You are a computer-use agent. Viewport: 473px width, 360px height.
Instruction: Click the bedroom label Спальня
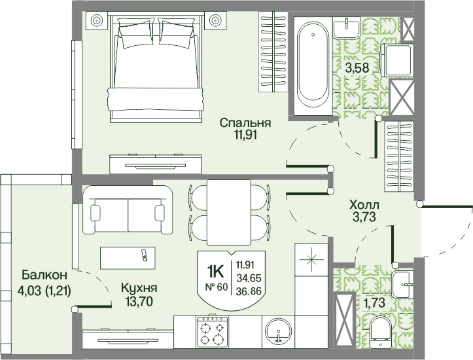[x=245, y=123]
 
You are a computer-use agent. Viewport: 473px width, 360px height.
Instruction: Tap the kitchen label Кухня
[x=139, y=288]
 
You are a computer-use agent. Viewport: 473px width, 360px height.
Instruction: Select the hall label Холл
[x=364, y=205]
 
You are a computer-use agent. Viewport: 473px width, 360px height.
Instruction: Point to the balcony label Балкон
[x=44, y=275]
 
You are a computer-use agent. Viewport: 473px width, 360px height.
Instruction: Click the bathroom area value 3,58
[x=357, y=68]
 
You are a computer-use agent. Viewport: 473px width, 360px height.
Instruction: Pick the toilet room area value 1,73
[x=374, y=302]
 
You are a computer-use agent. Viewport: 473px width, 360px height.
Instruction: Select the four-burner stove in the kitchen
[x=213, y=332]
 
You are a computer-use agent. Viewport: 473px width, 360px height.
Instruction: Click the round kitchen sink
[x=278, y=331]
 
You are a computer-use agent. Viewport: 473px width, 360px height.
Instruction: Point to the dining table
[x=229, y=213]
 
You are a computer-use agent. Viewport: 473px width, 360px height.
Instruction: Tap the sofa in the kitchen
[x=128, y=210]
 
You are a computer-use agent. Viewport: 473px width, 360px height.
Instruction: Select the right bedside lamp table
[x=215, y=20]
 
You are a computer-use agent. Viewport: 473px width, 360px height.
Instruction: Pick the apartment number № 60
[x=217, y=287]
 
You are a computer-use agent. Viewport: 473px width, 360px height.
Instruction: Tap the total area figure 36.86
[x=249, y=291]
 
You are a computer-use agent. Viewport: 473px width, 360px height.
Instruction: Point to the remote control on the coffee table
[x=145, y=255]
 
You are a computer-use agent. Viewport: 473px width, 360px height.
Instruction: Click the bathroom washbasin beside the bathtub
[x=347, y=27]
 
